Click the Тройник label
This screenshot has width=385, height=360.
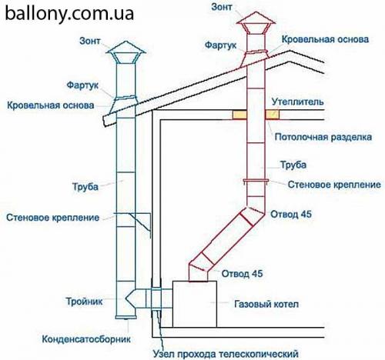pyautogui.click(x=82, y=303)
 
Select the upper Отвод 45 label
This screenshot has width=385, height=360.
pyautogui.click(x=292, y=214)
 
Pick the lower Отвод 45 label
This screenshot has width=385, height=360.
pyautogui.click(x=243, y=274)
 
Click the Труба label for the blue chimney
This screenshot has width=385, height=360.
pyautogui.click(x=84, y=185)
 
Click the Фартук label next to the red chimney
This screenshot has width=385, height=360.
pyautogui.click(x=221, y=45)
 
